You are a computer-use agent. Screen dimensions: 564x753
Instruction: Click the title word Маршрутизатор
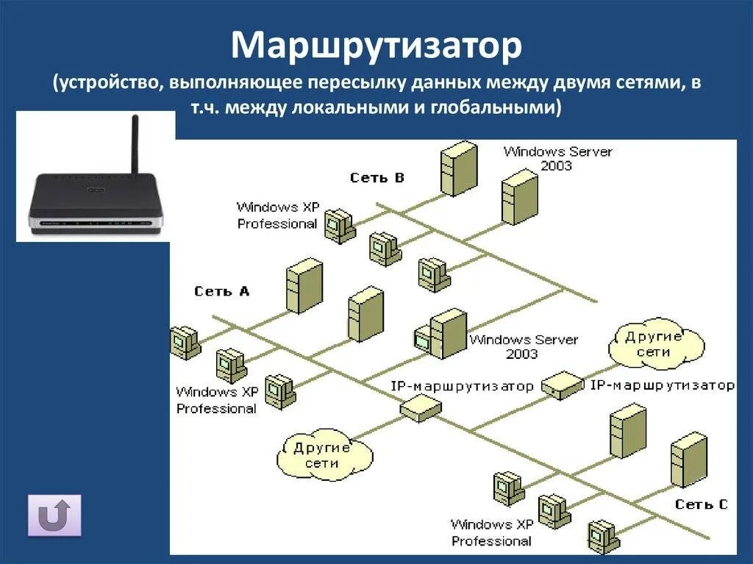click(x=376, y=46)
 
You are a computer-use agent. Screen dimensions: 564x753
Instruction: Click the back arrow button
click(x=54, y=515)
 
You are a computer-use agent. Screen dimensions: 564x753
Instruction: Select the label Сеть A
click(x=222, y=291)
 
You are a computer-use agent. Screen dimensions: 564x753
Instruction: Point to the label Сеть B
click(x=377, y=177)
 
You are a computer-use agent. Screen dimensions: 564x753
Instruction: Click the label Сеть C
click(x=701, y=504)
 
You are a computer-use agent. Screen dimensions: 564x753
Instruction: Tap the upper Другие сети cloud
click(x=656, y=344)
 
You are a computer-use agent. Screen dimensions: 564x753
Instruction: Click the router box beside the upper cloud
click(x=562, y=384)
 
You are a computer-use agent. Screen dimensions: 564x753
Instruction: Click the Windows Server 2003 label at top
click(x=557, y=158)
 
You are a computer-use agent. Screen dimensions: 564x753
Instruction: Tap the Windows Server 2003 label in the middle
click(x=523, y=346)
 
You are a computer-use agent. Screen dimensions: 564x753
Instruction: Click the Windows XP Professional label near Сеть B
click(x=277, y=215)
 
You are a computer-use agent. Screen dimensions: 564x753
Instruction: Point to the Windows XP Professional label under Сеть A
click(x=216, y=400)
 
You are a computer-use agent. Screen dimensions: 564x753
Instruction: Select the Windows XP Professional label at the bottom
click(x=491, y=532)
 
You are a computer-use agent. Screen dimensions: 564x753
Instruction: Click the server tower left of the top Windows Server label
click(x=459, y=168)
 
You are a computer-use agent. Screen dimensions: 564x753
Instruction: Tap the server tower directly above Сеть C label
click(x=688, y=460)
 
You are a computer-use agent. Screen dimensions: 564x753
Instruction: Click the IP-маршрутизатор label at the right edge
click(x=662, y=385)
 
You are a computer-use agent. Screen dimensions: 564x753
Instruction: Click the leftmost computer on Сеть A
click(x=184, y=343)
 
